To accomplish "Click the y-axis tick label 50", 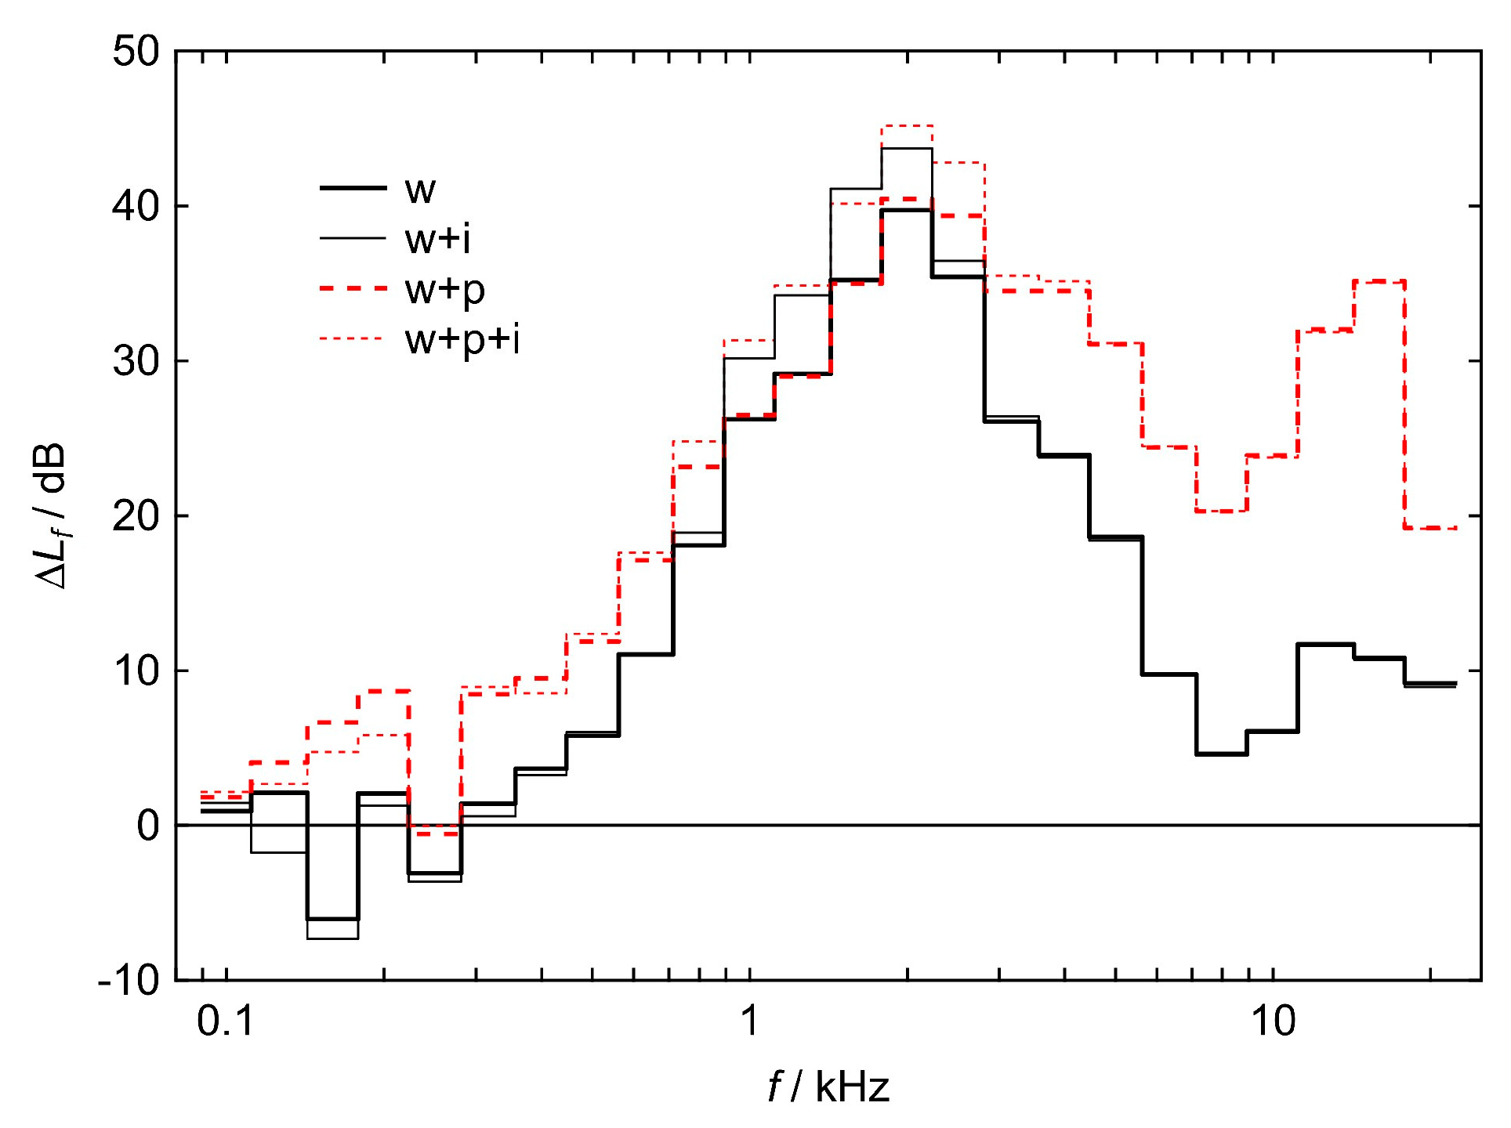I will click(136, 52).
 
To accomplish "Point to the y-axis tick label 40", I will click(136, 207).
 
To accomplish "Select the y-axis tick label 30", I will click(136, 361).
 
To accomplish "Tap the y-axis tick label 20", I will click(136, 516).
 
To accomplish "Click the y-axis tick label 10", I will click(136, 671).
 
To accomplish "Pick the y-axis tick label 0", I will click(148, 826).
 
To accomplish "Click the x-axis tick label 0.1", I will click(226, 1021).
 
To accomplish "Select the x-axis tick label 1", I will click(750, 1021).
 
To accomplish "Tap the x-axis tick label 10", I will click(1273, 1021).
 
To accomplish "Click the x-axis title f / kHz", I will click(828, 1087).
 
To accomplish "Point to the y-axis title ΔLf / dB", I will click(52, 517).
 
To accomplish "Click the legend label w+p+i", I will click(462, 340).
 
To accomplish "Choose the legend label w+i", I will click(438, 239).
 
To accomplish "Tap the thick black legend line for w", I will click(353, 188).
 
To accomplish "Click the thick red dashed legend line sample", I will click(353, 289).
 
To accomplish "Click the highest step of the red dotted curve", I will click(907, 125).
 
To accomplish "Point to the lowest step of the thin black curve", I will click(332, 938).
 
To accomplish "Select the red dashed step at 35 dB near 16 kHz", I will click(1379, 280).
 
